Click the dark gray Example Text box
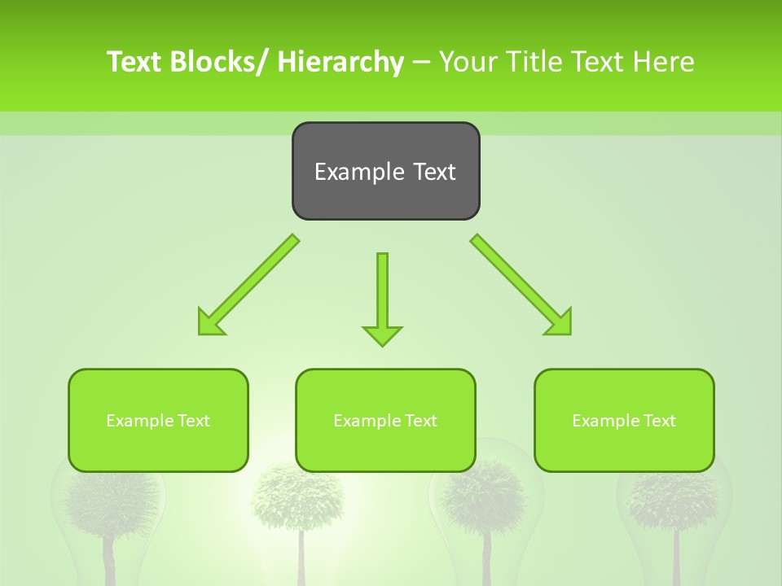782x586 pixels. pos(385,171)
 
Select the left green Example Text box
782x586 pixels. pos(158,420)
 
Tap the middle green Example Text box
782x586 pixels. pos(385,420)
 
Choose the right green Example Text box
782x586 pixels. pos(624,420)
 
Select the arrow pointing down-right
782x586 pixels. pos(521,285)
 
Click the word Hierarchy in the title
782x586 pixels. pos(340,62)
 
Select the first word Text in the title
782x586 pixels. pos(134,62)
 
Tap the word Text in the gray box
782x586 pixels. pos(433,172)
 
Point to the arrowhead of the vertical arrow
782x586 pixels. pos(382,335)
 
